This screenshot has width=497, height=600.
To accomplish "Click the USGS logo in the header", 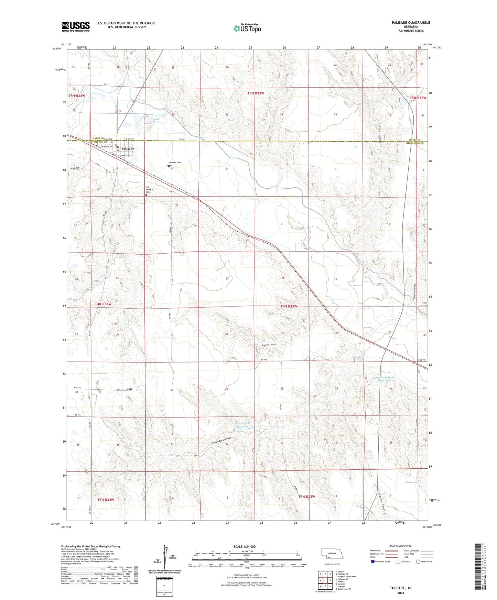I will pyautogui.click(x=76, y=26).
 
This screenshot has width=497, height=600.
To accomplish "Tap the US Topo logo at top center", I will pyautogui.click(x=247, y=28).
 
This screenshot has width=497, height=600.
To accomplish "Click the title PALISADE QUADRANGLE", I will pyautogui.click(x=411, y=23).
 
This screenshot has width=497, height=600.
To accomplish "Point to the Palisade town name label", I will pyautogui.click(x=128, y=148).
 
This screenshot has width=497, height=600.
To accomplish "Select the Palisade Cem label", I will pyautogui.click(x=175, y=163).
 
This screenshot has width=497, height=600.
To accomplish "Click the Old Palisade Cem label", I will pyautogui.click(x=149, y=190).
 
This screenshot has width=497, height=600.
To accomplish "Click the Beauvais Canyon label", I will pyautogui.click(x=222, y=442).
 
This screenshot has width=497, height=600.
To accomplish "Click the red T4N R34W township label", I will pyautogui.click(x=103, y=304).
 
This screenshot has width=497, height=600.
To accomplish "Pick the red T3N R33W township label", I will pyautogui.click(x=306, y=497).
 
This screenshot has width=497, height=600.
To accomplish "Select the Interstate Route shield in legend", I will pyautogui.click(x=374, y=562).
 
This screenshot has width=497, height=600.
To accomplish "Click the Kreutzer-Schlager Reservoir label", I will pyautogui.click(x=385, y=379).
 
